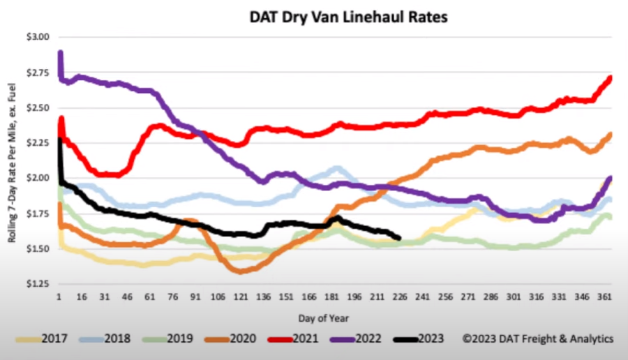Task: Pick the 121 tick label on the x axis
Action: coord(241,297)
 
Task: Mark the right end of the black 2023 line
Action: coord(398,239)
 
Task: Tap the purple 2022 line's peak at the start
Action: coord(61,53)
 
